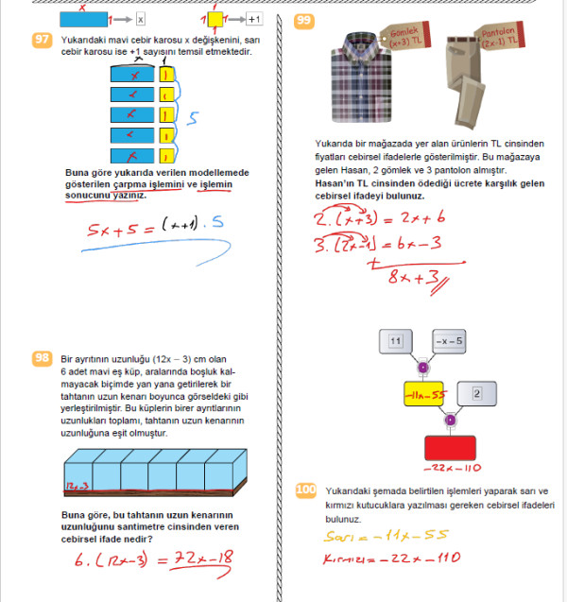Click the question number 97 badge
coord(42,41)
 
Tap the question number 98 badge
coord(42,358)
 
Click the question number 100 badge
coord(306,490)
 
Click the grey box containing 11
coord(397,340)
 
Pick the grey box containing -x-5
coord(450,340)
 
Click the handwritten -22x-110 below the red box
coord(450,469)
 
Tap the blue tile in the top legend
coord(83,18)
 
